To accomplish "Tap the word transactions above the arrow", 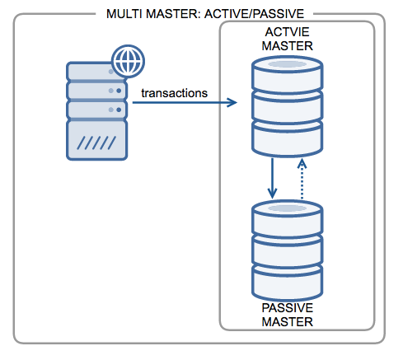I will tap(174, 92).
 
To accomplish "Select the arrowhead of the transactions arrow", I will tap(233, 104).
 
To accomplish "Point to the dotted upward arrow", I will tap(302, 179).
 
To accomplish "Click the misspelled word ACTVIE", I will tap(287, 32).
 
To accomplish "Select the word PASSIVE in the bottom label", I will tap(287, 308).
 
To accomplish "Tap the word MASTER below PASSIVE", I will tap(287, 321).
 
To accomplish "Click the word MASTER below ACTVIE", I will tap(287, 45).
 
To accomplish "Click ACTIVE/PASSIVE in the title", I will tap(256, 14).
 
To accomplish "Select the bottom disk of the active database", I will tap(287, 138).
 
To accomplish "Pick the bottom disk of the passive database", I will tap(287, 284).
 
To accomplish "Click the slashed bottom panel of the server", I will tap(97, 141).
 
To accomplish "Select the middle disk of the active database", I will tap(287, 107).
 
